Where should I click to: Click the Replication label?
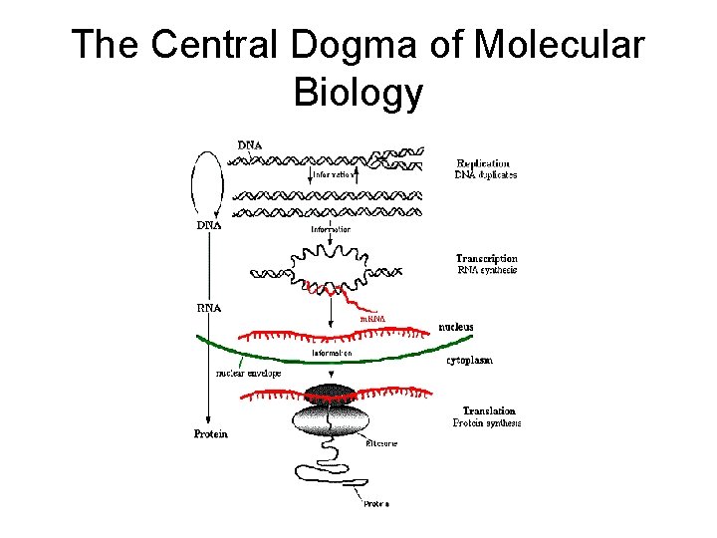(483, 163)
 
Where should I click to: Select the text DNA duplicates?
(486, 175)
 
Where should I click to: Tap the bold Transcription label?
(487, 259)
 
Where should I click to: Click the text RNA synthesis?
(487, 270)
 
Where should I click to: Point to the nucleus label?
(456, 327)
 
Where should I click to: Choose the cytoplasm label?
(469, 361)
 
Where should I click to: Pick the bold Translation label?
(489, 410)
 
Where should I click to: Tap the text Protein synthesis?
(488, 422)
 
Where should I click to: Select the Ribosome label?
(382, 443)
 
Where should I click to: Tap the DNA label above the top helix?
(250, 145)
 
